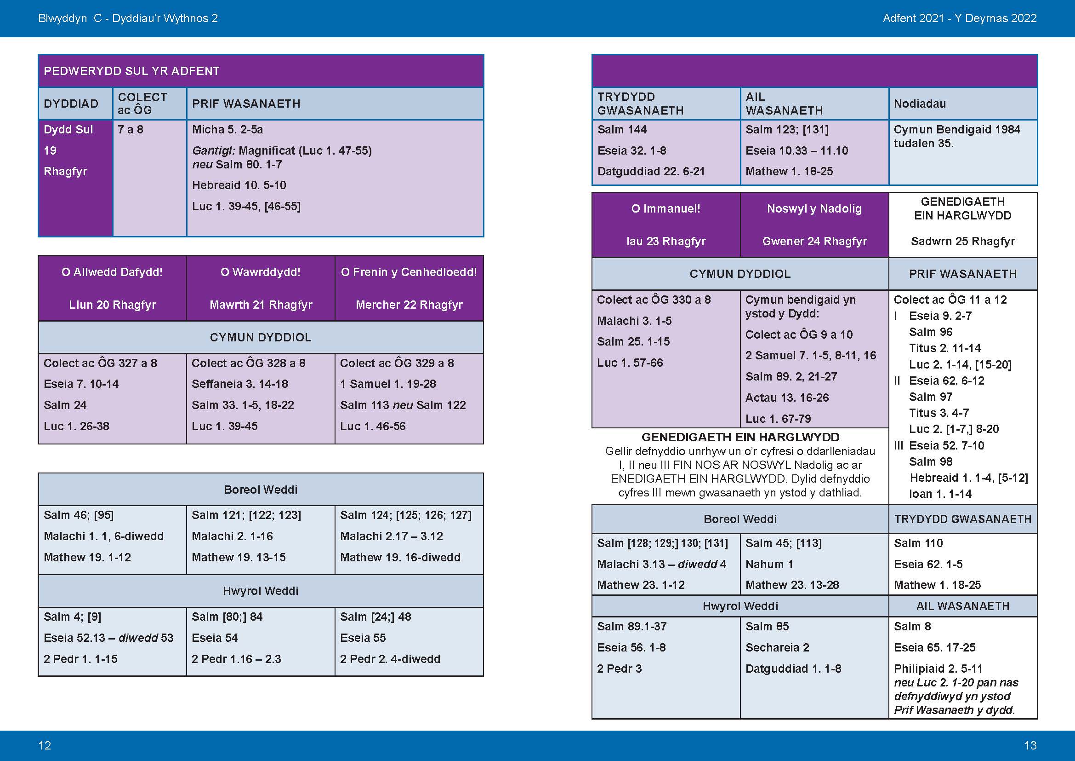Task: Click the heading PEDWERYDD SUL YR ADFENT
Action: (x=131, y=71)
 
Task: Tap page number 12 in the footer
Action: (x=45, y=745)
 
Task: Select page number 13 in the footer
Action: (x=1030, y=745)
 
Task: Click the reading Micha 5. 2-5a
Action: (x=228, y=130)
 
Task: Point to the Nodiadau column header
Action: (x=920, y=104)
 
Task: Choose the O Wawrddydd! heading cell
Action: (x=260, y=272)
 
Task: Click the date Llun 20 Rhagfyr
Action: (x=112, y=305)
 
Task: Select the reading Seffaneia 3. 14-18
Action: (x=240, y=384)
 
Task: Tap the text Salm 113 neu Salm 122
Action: (x=403, y=405)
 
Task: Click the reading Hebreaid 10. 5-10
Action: (x=239, y=185)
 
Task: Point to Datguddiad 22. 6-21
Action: (x=651, y=172)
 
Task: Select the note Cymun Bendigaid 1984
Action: (x=956, y=130)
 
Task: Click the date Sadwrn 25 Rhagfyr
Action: (x=963, y=242)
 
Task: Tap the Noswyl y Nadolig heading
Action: (x=814, y=209)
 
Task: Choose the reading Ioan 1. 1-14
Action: (x=940, y=494)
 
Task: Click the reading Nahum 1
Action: (x=769, y=565)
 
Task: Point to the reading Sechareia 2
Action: (x=777, y=648)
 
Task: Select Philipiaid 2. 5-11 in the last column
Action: (x=931, y=669)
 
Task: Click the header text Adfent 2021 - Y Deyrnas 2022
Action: (x=959, y=18)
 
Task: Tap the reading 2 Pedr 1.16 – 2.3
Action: (x=236, y=659)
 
